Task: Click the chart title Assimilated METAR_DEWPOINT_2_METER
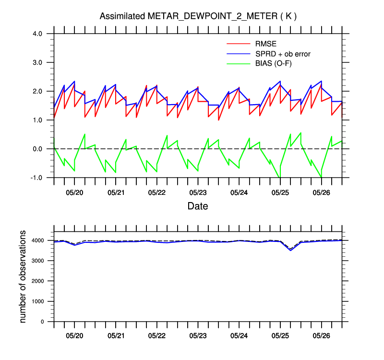pyautogui.click(x=198, y=16)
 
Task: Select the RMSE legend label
pyautogui.click(x=266, y=45)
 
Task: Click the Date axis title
pyautogui.click(x=198, y=206)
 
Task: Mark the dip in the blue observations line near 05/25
pyautogui.click(x=290, y=250)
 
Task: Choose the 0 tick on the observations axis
pyautogui.click(x=42, y=322)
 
